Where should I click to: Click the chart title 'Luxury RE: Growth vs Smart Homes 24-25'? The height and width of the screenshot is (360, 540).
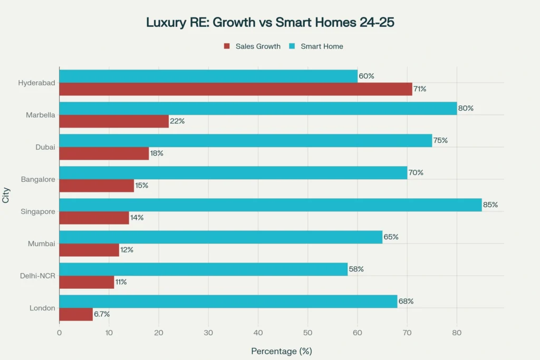[270, 23]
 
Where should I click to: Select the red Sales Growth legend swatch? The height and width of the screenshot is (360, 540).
[227, 46]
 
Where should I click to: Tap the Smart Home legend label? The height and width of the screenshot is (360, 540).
[322, 46]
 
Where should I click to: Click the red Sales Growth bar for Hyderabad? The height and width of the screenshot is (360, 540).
[235, 89]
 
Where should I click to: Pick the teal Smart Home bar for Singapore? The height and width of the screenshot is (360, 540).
[270, 205]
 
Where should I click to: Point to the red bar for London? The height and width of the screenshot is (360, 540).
[76, 314]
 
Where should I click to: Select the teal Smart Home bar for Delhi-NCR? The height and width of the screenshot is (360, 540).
[203, 269]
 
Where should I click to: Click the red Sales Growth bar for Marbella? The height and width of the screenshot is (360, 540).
[114, 121]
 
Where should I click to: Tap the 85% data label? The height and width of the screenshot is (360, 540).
[490, 205]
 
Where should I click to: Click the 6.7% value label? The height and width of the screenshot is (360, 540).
[102, 314]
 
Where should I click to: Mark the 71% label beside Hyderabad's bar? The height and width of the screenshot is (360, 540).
[420, 89]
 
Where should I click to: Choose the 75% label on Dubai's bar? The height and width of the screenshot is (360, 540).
[440, 141]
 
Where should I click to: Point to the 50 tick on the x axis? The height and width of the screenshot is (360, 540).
[307, 333]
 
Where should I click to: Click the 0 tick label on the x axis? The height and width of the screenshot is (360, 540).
[59, 333]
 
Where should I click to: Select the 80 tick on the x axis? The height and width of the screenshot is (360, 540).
[457, 333]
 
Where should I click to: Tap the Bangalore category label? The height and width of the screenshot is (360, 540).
[38, 179]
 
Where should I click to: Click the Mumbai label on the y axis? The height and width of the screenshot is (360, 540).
[42, 244]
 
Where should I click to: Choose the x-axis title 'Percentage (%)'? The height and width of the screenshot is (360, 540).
[282, 351]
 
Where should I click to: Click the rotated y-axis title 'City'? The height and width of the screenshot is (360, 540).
[6, 196]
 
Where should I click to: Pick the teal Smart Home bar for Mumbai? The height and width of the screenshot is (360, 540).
[220, 237]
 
